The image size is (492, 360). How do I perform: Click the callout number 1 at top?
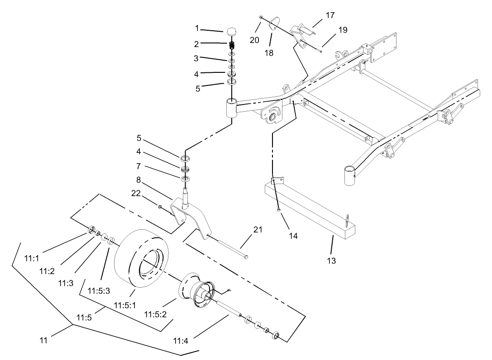(x=197, y=28)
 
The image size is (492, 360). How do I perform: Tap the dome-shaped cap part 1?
(x=232, y=32)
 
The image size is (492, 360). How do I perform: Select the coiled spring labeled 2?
(x=232, y=46)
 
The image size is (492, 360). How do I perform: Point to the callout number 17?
(x=330, y=15)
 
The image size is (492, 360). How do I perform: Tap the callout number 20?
(x=254, y=40)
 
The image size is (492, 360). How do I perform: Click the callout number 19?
(x=343, y=30)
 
